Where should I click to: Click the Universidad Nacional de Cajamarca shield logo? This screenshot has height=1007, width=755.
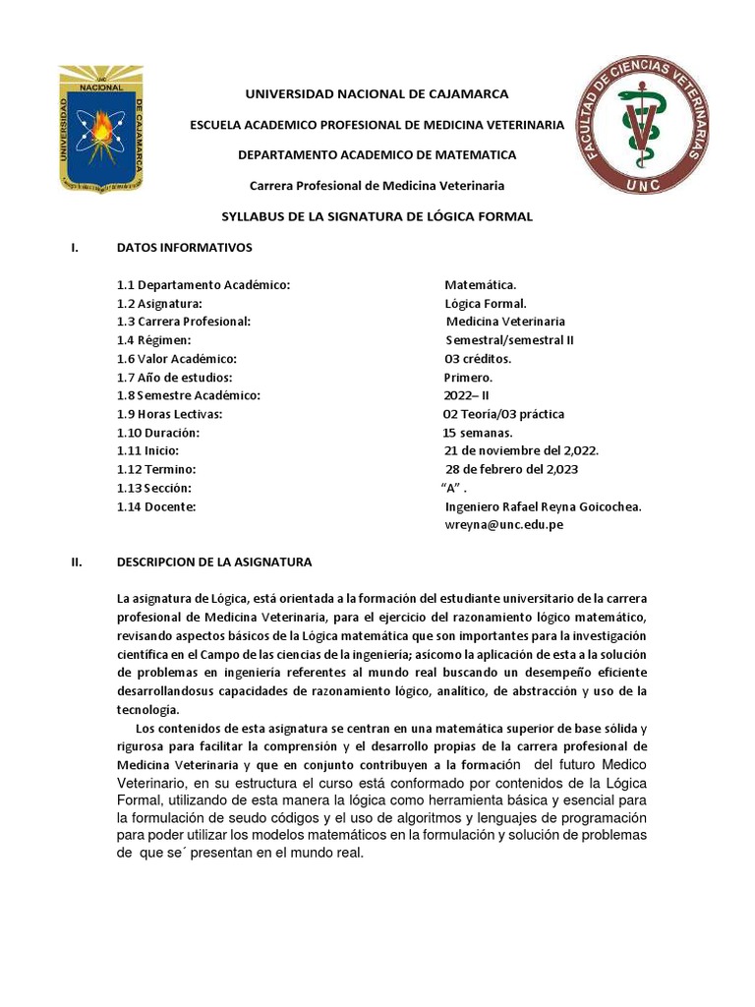tap(100, 129)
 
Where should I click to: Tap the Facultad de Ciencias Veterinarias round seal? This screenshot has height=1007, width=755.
tap(646, 126)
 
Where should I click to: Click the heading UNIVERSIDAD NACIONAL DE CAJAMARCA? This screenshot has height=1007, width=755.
tap(377, 94)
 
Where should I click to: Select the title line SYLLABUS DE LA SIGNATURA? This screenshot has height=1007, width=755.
tap(377, 216)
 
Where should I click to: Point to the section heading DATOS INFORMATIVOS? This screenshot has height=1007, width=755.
tap(184, 247)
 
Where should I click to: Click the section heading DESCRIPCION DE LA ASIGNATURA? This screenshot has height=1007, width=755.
tap(213, 563)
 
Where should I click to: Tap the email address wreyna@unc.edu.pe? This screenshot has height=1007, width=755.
tap(505, 525)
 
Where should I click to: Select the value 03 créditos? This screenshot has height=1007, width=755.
tap(478, 359)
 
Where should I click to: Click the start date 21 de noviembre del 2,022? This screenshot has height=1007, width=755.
tap(522, 450)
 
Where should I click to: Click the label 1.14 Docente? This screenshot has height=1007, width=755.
tap(156, 506)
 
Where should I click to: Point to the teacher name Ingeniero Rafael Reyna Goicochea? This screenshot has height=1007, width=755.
tap(544, 506)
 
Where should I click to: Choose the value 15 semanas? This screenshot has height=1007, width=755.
tap(478, 433)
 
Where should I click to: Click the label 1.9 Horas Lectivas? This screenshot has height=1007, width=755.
tap(169, 414)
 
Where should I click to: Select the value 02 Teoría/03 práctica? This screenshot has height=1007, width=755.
tap(504, 414)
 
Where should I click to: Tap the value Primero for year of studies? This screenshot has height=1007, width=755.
tap(468, 378)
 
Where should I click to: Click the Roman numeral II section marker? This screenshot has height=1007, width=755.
tap(76, 563)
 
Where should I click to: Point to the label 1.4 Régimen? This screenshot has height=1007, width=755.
tap(154, 340)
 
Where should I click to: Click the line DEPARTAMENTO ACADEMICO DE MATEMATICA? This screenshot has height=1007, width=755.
tap(377, 155)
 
